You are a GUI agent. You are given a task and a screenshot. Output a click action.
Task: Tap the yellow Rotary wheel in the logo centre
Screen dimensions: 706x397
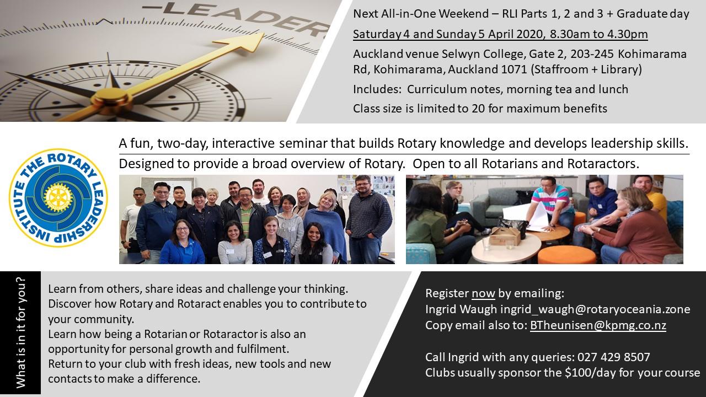pyautogui.click(x=58, y=197)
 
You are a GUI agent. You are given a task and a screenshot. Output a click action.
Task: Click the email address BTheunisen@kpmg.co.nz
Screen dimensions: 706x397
pyautogui.click(x=598, y=325)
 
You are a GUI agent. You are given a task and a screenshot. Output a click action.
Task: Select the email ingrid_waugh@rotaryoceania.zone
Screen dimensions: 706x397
pyautogui.click(x=595, y=309)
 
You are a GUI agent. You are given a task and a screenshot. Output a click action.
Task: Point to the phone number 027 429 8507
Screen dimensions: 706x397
pyautogui.click(x=614, y=357)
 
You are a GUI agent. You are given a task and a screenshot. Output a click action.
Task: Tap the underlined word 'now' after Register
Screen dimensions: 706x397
pyautogui.click(x=483, y=293)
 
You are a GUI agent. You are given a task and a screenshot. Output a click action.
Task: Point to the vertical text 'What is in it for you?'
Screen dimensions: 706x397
pyautogui.click(x=20, y=332)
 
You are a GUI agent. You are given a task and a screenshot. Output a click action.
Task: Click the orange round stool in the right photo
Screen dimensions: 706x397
pyautogui.click(x=566, y=255)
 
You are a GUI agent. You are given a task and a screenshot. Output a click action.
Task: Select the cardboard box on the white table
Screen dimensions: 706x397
pyautogui.click(x=504, y=237)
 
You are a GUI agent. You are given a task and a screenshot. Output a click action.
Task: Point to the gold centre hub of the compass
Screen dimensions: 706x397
pyautogui.click(x=111, y=98)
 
